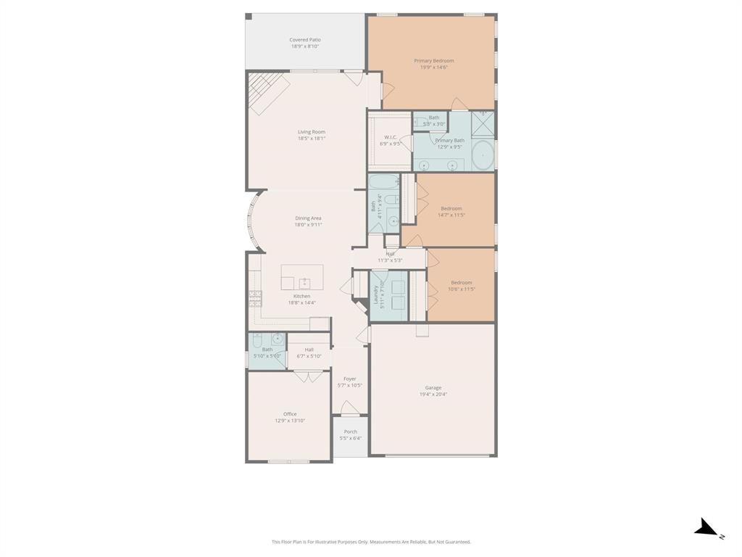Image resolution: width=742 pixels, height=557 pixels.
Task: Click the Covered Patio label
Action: coord(304,41)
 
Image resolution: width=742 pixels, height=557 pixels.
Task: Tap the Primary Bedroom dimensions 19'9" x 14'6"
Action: coord(433,67)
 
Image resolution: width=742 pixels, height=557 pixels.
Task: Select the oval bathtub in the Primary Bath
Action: coord(483,155)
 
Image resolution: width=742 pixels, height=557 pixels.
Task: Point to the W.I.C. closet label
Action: coord(390,137)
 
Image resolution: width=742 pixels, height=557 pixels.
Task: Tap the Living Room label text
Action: coord(311,132)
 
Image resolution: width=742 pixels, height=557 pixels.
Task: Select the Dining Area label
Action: coord(308,218)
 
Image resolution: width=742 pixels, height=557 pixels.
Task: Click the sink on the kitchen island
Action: coord(305,282)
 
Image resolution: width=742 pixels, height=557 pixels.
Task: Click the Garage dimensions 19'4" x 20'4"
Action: coord(433,395)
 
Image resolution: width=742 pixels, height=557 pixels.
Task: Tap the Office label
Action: coord(290,414)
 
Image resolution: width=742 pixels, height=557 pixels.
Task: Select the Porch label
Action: coord(350,432)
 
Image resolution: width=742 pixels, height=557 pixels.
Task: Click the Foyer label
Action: coord(350,379)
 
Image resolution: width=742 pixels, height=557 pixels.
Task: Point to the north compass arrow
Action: coord(706,529)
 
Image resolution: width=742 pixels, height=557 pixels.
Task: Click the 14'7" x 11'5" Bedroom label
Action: coord(451,209)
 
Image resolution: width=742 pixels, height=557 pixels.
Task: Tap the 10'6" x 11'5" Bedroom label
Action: coord(461,283)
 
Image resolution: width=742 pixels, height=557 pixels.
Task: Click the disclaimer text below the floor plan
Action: coord(371,542)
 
